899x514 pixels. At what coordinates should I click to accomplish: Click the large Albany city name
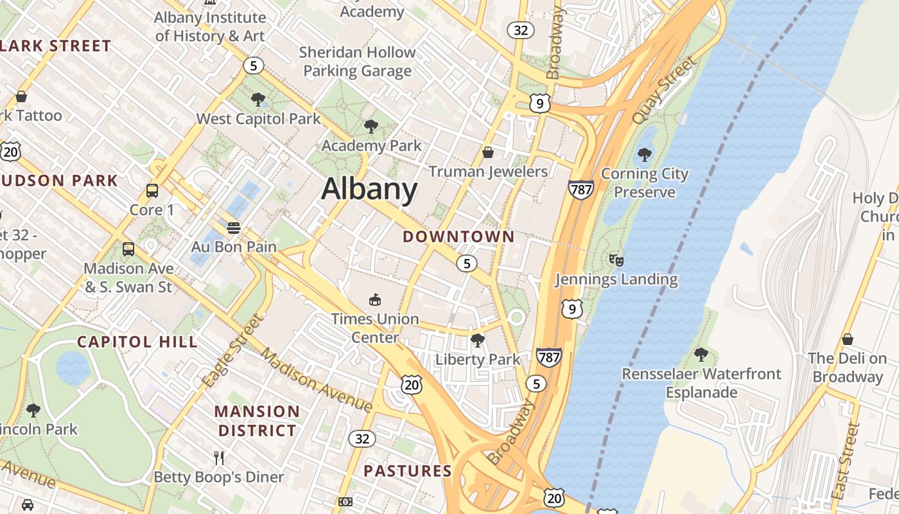tap(369, 189)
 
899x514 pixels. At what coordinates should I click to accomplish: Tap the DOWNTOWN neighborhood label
tap(458, 236)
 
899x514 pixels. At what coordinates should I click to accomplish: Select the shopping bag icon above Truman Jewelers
tap(488, 152)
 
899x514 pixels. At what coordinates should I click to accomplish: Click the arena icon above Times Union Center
tap(374, 299)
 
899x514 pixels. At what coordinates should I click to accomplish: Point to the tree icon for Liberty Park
tap(477, 340)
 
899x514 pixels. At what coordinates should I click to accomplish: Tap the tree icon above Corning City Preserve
tap(644, 154)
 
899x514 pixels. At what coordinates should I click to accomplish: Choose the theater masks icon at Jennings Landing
tap(616, 260)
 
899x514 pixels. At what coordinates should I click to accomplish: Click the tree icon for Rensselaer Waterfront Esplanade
tap(701, 354)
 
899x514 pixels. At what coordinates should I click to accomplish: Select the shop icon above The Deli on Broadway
tap(848, 339)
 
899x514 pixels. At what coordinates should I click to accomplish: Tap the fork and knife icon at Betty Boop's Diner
tap(219, 457)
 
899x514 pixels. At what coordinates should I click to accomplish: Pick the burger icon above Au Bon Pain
tap(234, 227)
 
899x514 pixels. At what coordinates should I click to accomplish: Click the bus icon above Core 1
tap(152, 191)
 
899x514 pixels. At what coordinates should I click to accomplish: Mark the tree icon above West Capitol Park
tap(258, 99)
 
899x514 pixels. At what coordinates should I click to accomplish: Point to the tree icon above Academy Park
tap(371, 126)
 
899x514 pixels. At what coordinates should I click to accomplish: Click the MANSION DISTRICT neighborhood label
tap(257, 421)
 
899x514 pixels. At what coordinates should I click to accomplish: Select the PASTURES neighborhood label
tap(408, 471)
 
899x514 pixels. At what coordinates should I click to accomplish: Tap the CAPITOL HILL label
tap(137, 342)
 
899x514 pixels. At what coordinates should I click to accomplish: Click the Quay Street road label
tap(664, 90)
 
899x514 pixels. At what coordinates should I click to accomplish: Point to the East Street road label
tap(846, 461)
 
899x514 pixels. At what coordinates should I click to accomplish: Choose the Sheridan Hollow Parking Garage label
tap(357, 61)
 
